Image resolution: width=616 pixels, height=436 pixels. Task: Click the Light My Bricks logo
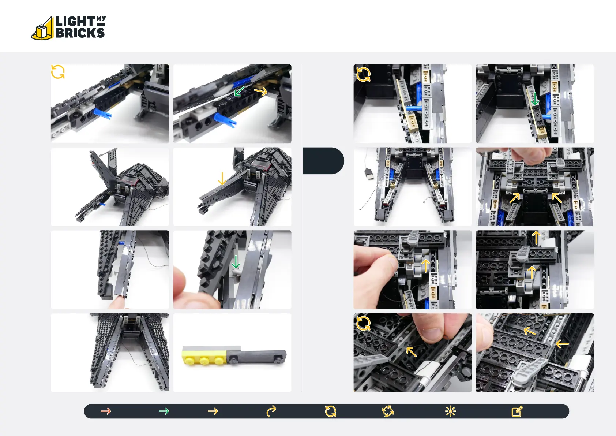click(x=68, y=27)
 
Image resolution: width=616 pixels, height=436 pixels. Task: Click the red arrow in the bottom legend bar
click(x=106, y=411)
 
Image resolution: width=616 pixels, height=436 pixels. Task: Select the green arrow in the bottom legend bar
click(x=164, y=411)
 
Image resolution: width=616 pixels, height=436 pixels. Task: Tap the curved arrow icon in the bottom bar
click(x=271, y=411)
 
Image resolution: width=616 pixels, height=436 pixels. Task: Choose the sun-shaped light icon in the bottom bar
click(x=450, y=411)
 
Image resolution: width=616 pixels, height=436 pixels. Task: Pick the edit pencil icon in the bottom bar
click(x=517, y=411)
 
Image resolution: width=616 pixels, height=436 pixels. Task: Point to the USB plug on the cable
click(x=369, y=174)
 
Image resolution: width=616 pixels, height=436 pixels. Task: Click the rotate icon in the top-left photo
click(x=58, y=72)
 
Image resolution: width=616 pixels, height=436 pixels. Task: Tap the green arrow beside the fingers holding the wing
click(x=236, y=261)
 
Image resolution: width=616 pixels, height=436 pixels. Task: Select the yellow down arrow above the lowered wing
click(x=222, y=178)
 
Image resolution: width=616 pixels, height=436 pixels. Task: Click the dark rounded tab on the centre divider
click(x=323, y=161)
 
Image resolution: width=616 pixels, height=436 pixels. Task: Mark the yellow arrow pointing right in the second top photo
click(x=261, y=92)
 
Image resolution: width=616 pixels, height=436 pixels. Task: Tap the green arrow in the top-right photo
click(x=535, y=99)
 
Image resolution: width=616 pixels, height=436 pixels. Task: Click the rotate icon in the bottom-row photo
click(x=363, y=323)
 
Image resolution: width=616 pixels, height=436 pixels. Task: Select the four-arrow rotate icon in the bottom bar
click(x=388, y=411)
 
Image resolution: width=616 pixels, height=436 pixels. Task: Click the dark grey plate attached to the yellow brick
click(x=256, y=357)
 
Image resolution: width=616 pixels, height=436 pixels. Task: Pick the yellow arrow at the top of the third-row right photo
click(x=536, y=238)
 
